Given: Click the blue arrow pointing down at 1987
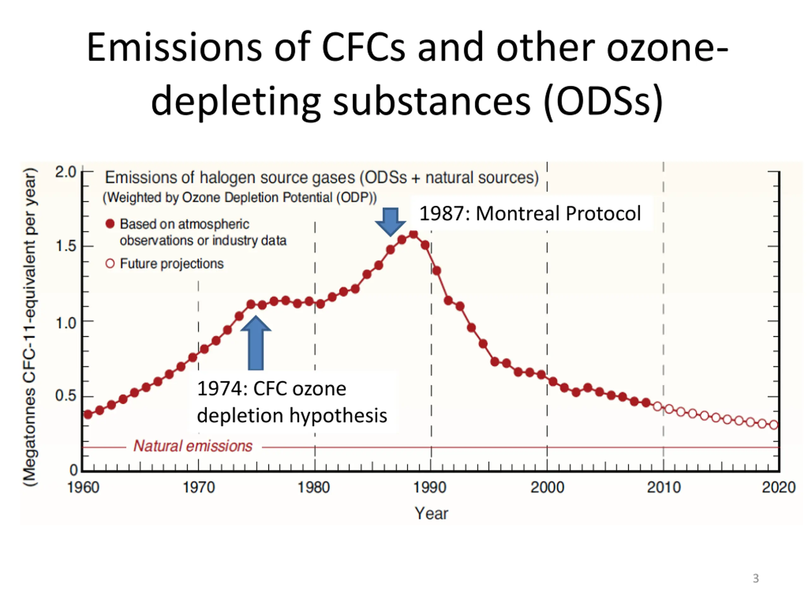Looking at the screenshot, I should [390, 220].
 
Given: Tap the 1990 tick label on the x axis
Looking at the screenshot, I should [430, 487].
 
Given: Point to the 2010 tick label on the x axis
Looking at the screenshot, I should [664, 487].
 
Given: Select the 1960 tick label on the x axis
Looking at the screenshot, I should [83, 487].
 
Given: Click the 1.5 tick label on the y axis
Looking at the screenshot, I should [66, 246].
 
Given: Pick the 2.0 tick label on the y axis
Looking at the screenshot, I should [66, 172].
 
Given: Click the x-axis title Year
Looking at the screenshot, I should [431, 513].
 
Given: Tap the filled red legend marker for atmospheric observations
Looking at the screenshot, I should [110, 223].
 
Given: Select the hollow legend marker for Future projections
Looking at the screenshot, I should [110, 263].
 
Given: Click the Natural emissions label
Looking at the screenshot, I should [193, 446].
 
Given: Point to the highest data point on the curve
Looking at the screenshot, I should [413, 235].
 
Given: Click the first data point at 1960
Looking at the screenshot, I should [88, 414].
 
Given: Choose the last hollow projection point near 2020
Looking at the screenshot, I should [774, 425].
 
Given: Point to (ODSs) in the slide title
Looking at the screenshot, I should [603, 100].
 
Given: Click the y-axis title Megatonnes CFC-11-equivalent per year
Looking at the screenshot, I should [30, 327].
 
